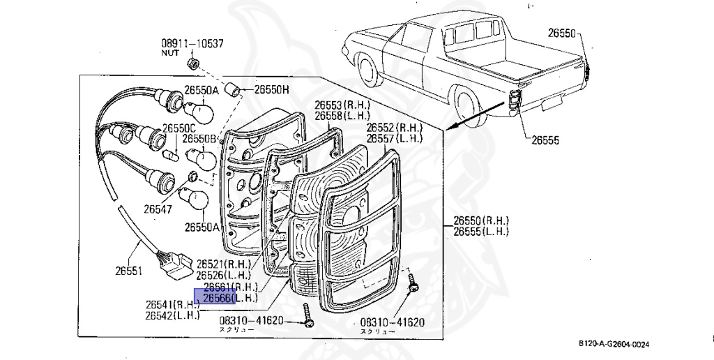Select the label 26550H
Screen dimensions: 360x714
pyautogui.click(x=271, y=89)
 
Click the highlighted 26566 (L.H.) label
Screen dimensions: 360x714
pyautogui.click(x=227, y=299)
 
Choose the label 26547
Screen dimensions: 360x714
pyautogui.click(x=158, y=207)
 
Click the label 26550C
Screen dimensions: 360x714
pyautogui.click(x=179, y=128)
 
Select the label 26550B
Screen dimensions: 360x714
pyautogui.click(x=199, y=139)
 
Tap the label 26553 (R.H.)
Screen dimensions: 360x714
pyautogui.click(x=342, y=105)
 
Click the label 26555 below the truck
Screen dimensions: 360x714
pyautogui.click(x=545, y=140)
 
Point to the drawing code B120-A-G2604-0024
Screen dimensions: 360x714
pyautogui.click(x=617, y=343)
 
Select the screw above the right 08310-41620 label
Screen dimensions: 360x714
pyautogui.click(x=411, y=283)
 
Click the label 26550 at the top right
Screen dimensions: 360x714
pyautogui.click(x=561, y=33)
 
